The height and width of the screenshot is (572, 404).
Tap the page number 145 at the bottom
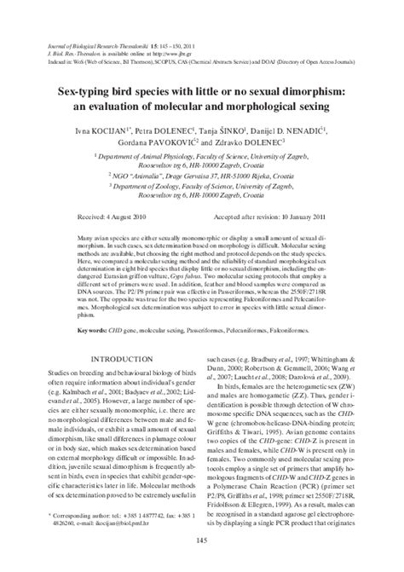click(202, 561)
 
